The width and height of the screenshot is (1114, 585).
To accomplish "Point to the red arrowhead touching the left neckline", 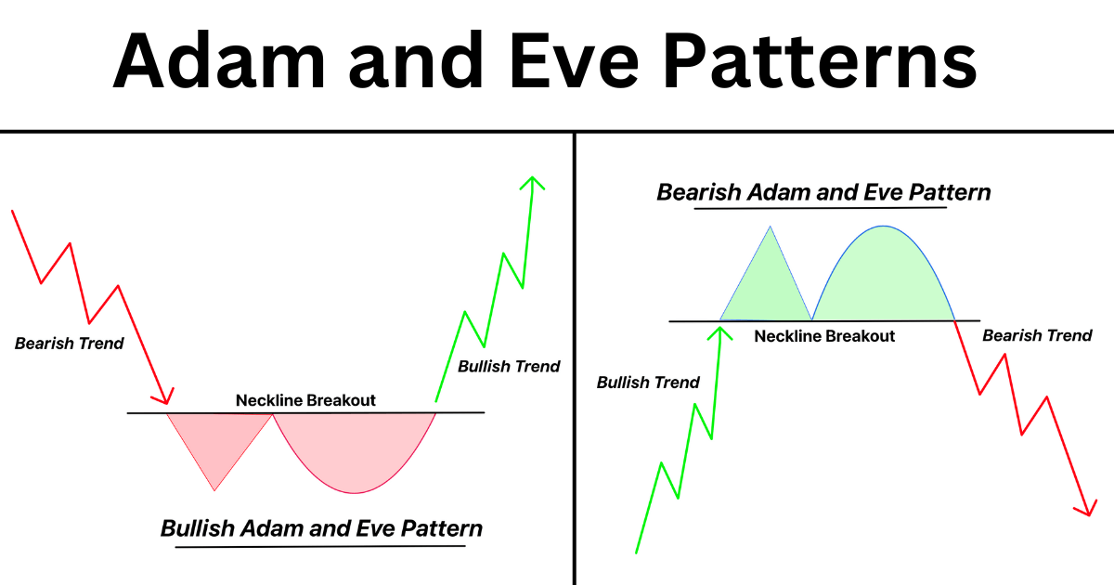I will [164, 397].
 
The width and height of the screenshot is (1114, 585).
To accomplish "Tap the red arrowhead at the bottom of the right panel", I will [1083, 508].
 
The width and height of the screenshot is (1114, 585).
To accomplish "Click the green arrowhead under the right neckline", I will [720, 329].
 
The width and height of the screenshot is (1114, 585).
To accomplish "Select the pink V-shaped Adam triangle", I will [216, 441].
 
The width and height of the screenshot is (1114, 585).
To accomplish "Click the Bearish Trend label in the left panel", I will [69, 344].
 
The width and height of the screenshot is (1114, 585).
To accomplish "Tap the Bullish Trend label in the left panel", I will [509, 367].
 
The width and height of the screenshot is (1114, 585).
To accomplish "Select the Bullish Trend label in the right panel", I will [648, 383].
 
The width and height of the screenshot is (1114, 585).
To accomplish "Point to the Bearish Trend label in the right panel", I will [1037, 335].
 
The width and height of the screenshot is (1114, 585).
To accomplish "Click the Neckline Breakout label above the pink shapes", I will [305, 400].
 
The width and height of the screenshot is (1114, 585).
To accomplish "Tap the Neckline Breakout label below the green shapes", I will [824, 336].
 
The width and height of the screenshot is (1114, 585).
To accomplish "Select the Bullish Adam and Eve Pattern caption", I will [321, 529].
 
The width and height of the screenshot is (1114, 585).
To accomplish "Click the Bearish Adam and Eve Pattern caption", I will [823, 193].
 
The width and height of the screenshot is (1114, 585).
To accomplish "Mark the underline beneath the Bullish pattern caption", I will [320, 546].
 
